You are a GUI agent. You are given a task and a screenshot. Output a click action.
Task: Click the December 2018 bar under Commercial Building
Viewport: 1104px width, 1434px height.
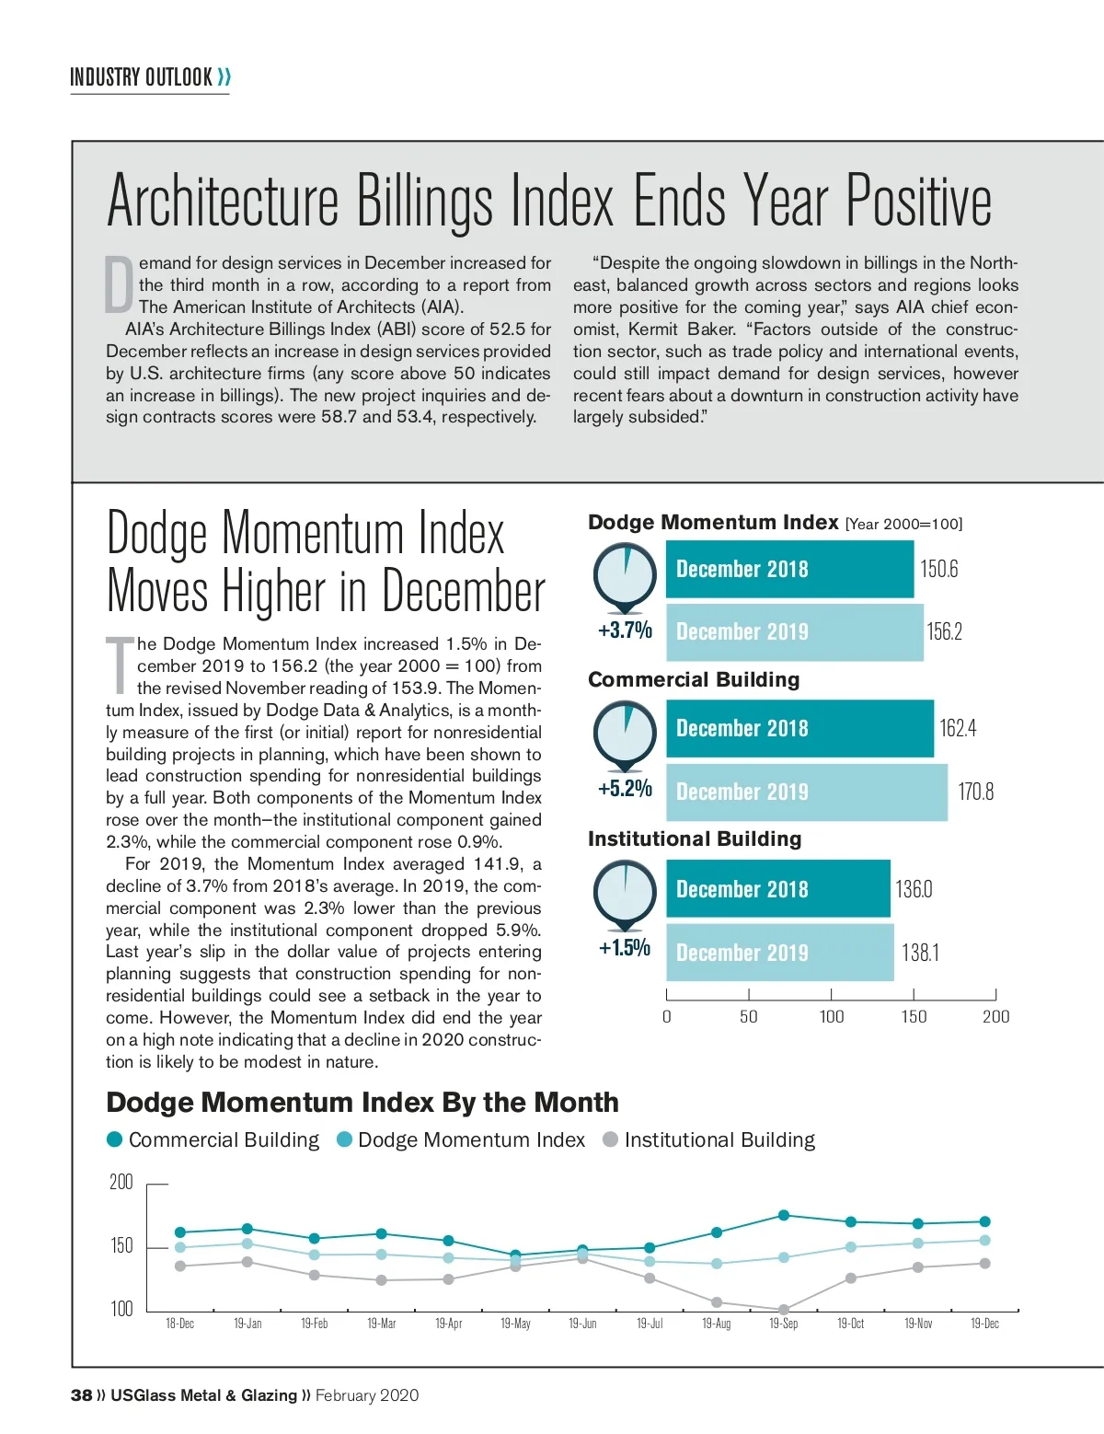click(x=799, y=729)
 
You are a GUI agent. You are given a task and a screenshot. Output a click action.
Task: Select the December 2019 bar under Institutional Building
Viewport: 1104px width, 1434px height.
click(x=779, y=953)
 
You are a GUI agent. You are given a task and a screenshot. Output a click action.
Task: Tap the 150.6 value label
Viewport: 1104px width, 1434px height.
click(x=939, y=569)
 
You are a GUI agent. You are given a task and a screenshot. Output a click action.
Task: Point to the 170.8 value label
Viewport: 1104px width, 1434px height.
click(x=975, y=792)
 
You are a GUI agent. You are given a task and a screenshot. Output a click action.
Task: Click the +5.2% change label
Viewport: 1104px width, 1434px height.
click(x=625, y=789)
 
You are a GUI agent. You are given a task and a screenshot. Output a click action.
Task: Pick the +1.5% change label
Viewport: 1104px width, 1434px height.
click(x=625, y=948)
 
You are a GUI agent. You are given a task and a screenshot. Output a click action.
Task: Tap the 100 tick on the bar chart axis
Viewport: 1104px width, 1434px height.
click(x=832, y=1017)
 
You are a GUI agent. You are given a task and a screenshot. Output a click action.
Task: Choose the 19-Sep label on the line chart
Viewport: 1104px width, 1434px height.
click(x=784, y=1324)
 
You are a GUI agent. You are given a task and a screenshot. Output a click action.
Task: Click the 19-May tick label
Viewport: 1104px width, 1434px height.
click(x=515, y=1324)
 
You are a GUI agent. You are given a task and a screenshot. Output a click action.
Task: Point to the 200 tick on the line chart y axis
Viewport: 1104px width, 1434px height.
click(x=121, y=1183)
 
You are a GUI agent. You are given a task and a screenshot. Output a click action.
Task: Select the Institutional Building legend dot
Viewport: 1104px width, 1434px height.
click(x=610, y=1139)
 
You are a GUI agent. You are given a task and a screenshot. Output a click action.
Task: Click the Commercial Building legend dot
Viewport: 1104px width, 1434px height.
click(x=115, y=1139)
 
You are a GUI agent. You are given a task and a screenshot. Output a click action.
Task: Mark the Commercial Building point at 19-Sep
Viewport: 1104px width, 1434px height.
click(x=784, y=1215)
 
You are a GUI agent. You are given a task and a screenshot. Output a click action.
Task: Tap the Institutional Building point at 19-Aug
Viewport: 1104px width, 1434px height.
click(x=717, y=1302)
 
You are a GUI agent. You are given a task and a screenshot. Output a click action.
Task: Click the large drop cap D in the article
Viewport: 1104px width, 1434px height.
click(x=120, y=284)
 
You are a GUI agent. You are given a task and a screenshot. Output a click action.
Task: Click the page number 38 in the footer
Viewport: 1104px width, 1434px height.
click(x=81, y=1395)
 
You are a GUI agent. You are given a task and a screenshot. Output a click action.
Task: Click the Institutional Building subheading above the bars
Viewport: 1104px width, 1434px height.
click(x=695, y=839)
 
